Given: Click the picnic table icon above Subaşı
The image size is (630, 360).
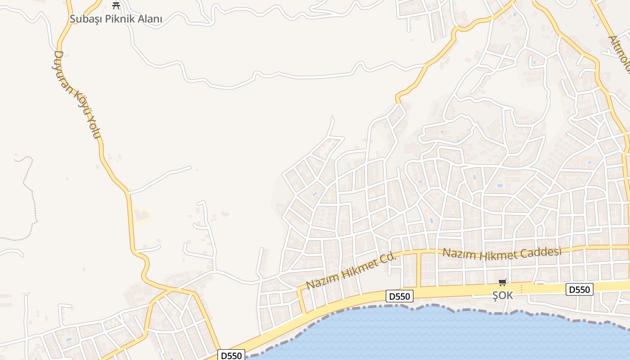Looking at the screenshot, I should point(116,6).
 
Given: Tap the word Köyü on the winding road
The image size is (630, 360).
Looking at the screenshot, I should point(81,103).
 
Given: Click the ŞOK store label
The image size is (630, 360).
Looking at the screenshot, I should point(503,295).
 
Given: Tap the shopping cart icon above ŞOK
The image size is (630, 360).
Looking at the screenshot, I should point(503,283).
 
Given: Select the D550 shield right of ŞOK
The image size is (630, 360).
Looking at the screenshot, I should point(579,289).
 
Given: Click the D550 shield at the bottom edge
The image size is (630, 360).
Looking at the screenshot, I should point(232,355).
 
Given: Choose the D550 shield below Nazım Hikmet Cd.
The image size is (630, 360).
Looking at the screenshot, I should point(400,296).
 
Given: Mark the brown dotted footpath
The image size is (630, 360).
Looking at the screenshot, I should point(32,193).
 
